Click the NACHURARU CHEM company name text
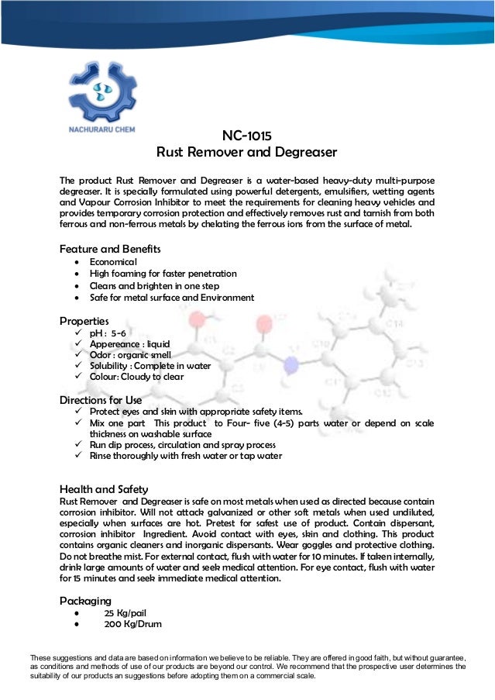(x=102, y=129)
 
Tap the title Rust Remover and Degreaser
(x=247, y=151)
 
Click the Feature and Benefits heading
(x=110, y=249)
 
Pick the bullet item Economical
(x=113, y=262)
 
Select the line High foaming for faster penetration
(x=163, y=274)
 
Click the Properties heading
(x=84, y=320)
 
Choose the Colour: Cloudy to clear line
(x=137, y=377)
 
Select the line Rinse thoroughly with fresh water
(x=186, y=456)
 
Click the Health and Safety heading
(x=104, y=489)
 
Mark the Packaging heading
(x=86, y=600)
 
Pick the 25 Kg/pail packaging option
(x=126, y=612)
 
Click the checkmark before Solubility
(x=79, y=366)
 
